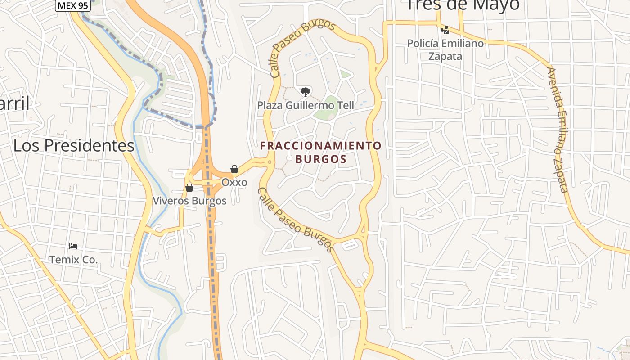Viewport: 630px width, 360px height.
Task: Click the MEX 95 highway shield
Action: tap(73, 5)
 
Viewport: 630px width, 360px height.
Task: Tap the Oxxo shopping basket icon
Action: tap(234, 169)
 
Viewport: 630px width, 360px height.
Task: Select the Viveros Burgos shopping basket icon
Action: tap(189, 187)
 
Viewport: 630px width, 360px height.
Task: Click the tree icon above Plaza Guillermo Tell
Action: tap(306, 92)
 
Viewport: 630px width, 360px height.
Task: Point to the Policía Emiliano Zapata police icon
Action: tap(445, 30)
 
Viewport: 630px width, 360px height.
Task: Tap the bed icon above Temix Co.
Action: tap(73, 246)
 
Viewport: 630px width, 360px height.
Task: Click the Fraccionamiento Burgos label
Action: tap(321, 152)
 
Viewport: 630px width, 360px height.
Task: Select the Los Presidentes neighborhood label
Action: tap(74, 146)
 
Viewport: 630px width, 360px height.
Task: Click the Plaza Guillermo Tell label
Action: tap(306, 106)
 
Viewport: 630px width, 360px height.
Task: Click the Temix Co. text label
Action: tap(73, 260)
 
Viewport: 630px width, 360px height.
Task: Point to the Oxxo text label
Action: tap(234, 183)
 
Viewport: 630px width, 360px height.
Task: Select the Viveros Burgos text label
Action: tap(189, 201)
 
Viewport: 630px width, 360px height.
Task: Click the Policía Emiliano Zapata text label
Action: tap(445, 49)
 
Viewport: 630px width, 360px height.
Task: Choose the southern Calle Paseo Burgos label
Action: tap(296, 220)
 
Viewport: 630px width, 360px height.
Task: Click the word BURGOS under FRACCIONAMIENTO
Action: tap(321, 159)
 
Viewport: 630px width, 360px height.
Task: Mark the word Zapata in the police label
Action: tap(445, 56)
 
